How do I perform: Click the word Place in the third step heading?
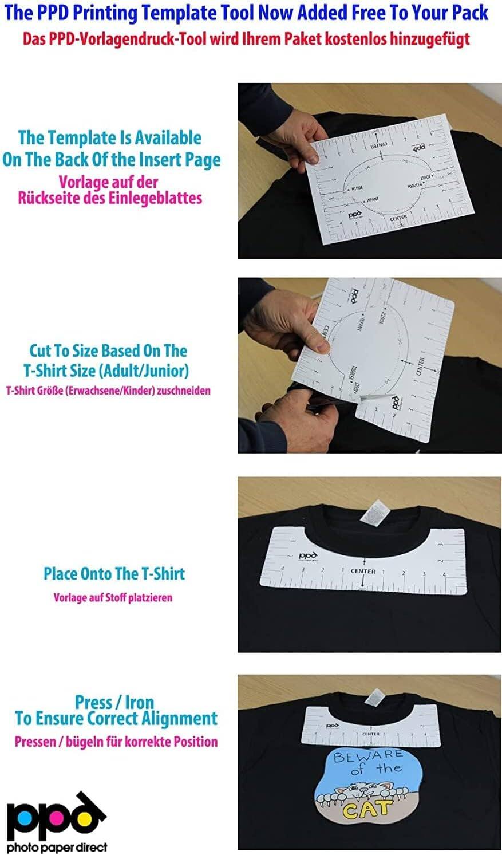coord(60,573)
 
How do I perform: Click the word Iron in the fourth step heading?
coord(138,702)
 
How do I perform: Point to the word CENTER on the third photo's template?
coord(363,571)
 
